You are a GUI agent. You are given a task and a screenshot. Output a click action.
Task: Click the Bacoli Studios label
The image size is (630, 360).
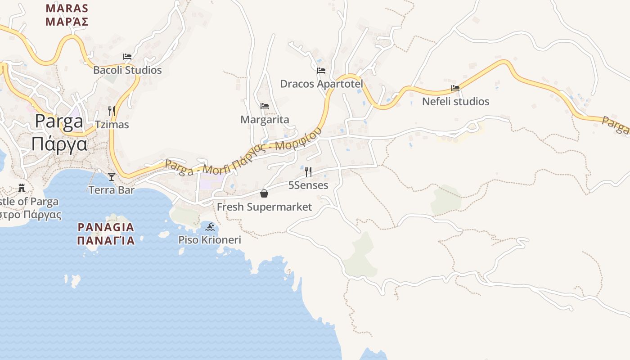coord(127,70)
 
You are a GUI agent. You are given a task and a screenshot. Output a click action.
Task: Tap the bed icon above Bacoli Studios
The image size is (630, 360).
coord(127,57)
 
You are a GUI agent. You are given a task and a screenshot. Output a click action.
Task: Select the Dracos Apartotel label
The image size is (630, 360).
coord(321,84)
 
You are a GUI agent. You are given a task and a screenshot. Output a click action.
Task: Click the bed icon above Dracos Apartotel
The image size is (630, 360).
coord(321,71)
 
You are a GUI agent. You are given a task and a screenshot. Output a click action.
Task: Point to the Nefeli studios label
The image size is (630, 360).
coord(455,102)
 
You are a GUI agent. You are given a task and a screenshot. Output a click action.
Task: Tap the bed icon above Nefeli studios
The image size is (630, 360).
coord(455,88)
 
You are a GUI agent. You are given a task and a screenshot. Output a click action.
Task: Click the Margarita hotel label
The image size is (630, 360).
coord(265,120)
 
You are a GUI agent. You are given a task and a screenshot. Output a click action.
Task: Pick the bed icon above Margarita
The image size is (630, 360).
coord(265,106)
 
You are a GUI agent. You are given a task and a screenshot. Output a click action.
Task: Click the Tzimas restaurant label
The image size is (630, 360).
coord(112,125)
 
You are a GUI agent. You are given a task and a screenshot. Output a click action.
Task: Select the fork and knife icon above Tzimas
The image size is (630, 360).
coord(112,111)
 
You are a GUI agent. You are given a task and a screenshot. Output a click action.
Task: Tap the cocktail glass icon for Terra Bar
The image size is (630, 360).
coord(112,176)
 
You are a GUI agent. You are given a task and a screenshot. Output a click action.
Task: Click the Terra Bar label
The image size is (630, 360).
coord(112,190)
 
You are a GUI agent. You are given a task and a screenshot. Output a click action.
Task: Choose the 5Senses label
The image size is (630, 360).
coord(308,185)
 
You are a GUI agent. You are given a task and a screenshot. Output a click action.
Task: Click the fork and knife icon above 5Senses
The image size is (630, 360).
coord(308,171)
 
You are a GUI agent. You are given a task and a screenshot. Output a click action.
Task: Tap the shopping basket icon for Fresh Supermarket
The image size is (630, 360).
coord(264,193)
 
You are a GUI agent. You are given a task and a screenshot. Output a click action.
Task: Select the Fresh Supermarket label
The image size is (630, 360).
coord(264,207)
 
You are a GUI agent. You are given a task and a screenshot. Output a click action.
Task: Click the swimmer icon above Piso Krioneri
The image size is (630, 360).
coord(210,226)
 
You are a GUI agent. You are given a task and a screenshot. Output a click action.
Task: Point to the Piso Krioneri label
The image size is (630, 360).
coord(210,240)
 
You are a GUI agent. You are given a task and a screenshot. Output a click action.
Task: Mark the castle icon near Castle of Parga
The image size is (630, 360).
coord(22,188)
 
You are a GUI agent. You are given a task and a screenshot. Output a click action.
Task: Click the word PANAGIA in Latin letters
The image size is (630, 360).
coord(106,227)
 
